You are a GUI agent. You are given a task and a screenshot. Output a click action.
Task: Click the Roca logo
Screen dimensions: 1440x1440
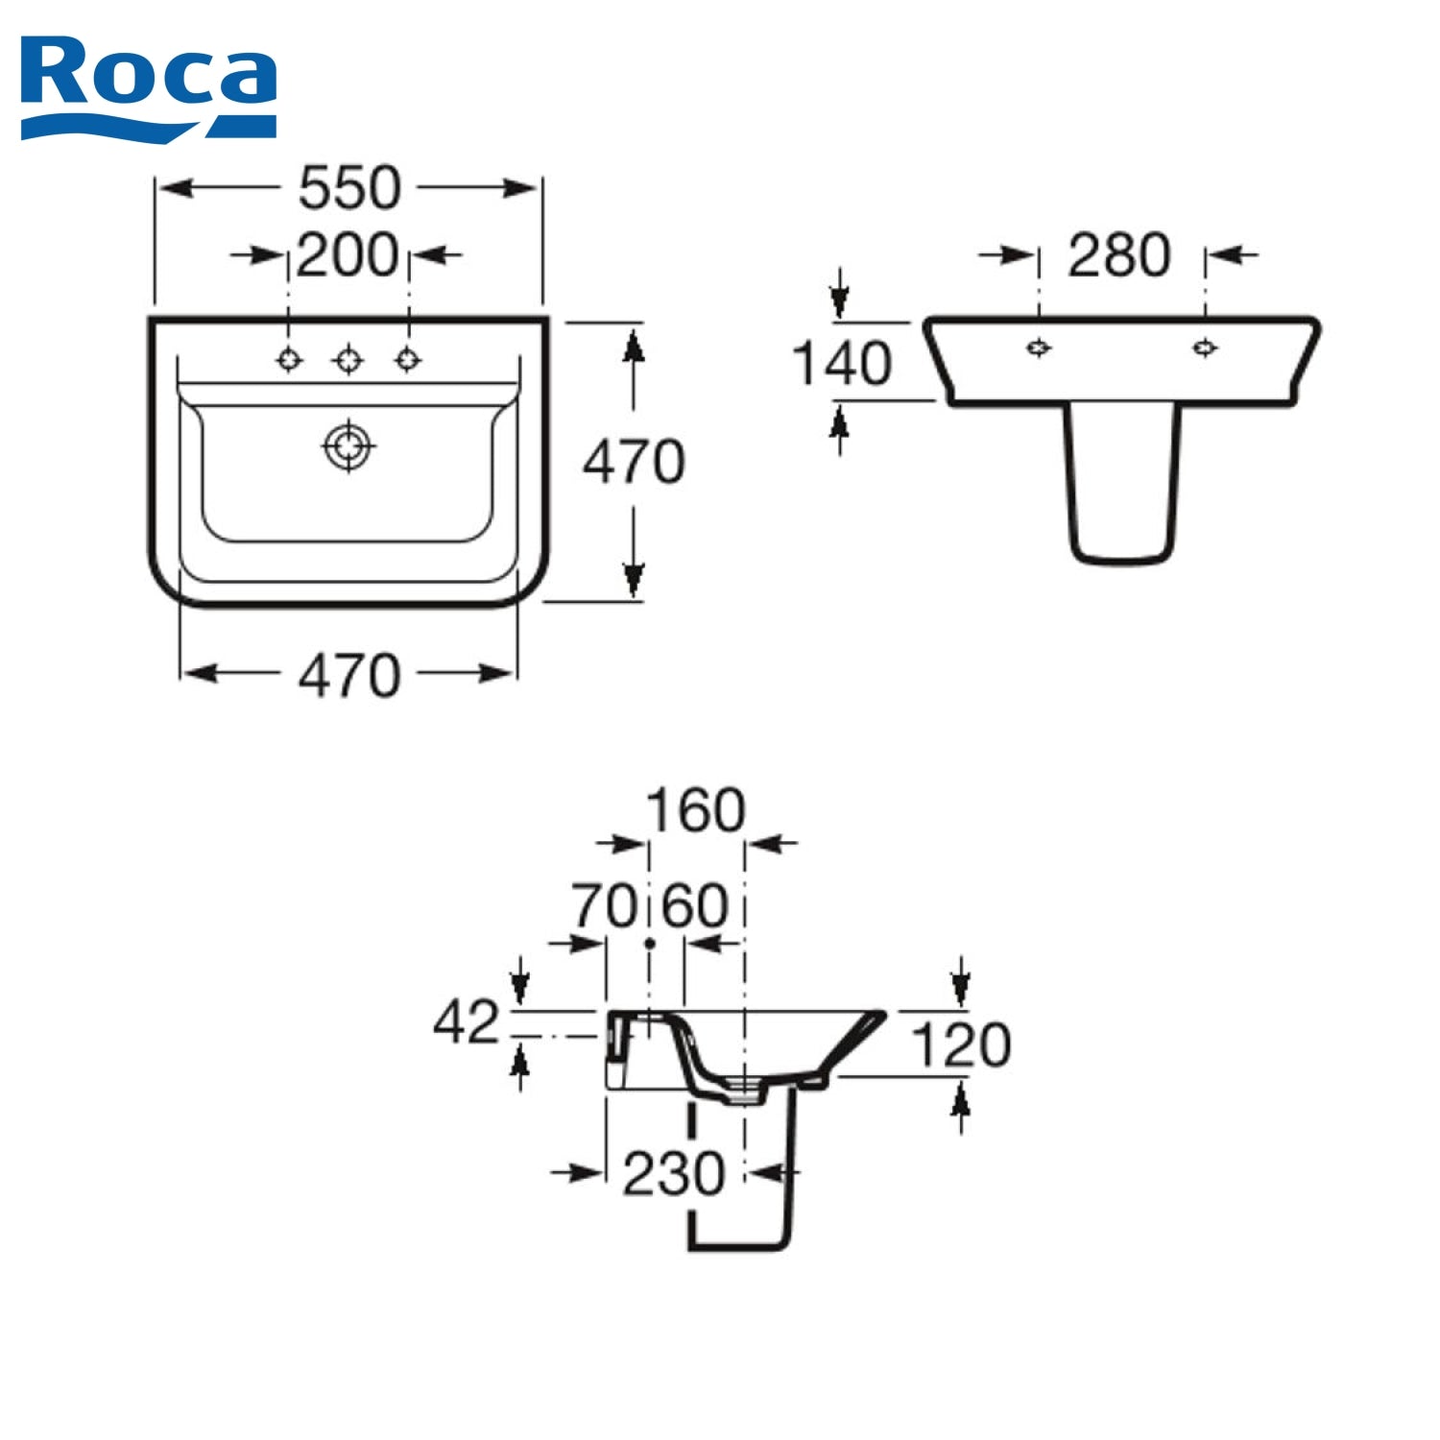(149, 88)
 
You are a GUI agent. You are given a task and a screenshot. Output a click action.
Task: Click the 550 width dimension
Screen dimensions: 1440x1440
(349, 188)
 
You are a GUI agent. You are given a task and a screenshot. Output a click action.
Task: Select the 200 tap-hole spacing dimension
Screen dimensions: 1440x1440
(348, 255)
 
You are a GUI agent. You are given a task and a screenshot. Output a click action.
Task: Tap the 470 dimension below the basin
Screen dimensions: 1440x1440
(349, 676)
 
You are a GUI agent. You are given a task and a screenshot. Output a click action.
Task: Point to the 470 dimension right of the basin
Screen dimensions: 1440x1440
(634, 462)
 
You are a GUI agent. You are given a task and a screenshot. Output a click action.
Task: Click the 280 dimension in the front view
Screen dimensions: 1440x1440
(1119, 255)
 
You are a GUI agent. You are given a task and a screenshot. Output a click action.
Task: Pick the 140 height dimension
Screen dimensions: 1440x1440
(842, 364)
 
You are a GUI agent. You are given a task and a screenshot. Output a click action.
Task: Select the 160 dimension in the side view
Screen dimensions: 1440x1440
(696, 810)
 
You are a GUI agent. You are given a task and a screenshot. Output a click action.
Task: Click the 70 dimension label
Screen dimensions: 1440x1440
(605, 905)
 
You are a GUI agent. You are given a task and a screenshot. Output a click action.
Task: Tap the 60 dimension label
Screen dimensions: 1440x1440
(696, 905)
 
